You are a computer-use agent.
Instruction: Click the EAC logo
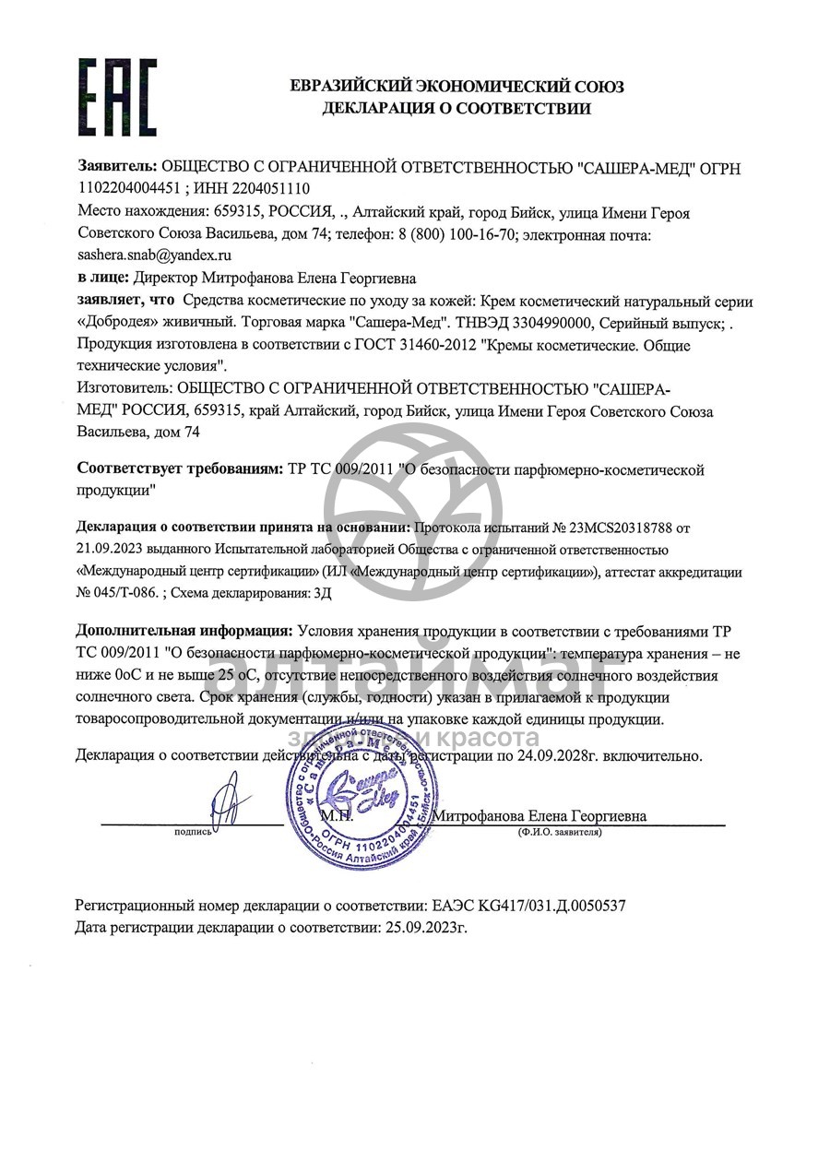tap(117, 97)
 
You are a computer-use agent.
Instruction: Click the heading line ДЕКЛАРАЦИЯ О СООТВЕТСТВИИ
tap(456, 109)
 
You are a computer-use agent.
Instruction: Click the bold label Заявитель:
tap(117, 168)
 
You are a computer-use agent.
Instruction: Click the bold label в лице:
tap(102, 278)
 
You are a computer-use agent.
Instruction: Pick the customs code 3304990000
tap(535, 323)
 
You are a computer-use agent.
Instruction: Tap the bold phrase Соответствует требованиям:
tap(181, 469)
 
